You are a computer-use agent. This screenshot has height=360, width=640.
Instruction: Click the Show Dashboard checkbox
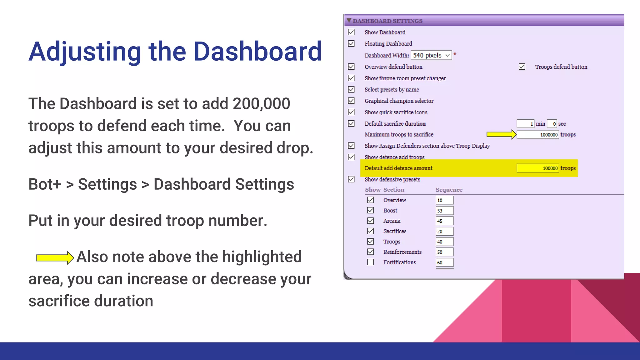click(351, 32)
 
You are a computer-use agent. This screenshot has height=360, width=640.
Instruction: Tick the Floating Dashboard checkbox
click(351, 43)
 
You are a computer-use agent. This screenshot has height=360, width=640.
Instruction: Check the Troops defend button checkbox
click(522, 67)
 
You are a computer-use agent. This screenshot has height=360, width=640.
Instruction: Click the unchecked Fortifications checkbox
click(370, 262)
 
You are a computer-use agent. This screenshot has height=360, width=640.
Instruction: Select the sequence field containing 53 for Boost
click(444, 211)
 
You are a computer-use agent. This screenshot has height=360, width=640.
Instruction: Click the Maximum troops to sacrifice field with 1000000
click(537, 135)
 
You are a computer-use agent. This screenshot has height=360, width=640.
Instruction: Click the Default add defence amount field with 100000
click(537, 168)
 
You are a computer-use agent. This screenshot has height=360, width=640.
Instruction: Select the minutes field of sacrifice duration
click(525, 124)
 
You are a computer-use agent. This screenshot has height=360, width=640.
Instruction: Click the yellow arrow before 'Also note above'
click(55, 257)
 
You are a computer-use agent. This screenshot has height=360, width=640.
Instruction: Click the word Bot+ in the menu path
click(45, 184)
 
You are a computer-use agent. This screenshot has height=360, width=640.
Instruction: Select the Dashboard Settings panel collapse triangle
click(349, 21)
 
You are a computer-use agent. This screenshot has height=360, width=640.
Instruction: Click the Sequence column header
click(449, 190)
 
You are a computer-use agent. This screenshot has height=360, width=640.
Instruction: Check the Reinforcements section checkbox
click(370, 252)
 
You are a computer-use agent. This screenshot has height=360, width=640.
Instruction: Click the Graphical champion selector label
click(399, 101)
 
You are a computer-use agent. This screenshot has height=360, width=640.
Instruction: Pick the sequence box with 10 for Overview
click(444, 200)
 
